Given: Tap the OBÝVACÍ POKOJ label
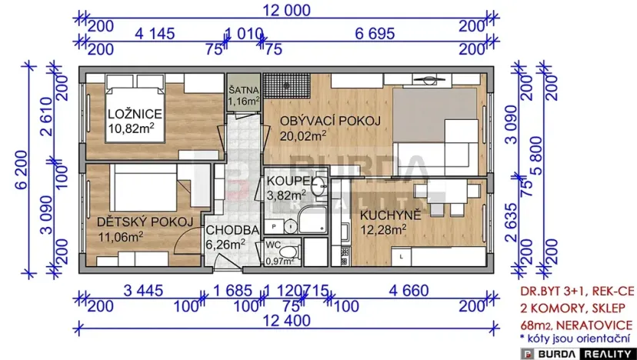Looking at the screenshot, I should pos(331,121).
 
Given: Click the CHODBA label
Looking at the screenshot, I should pos(232,230).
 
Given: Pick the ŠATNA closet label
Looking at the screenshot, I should pos(244,89).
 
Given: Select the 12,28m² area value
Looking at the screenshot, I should pos(385,228).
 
